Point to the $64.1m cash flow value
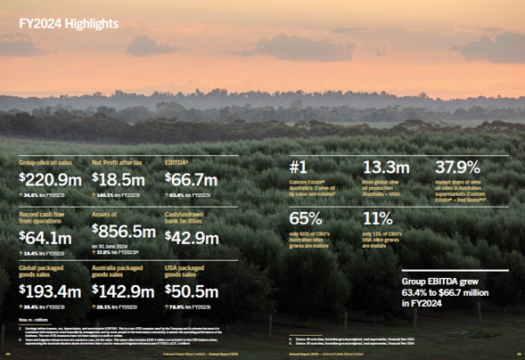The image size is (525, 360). (x=45, y=238)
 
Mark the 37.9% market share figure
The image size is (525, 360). (x=457, y=168)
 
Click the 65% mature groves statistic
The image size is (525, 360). (x=307, y=219)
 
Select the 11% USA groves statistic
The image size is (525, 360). (x=378, y=219)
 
